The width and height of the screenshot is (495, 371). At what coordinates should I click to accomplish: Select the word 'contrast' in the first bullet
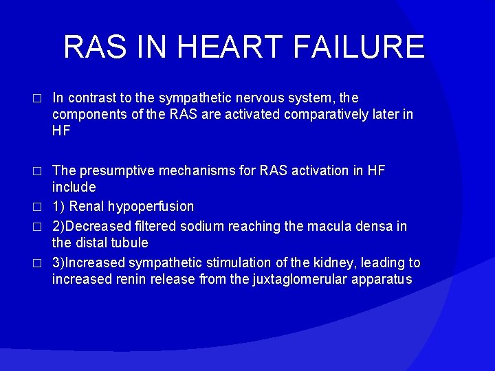[x=93, y=98]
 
